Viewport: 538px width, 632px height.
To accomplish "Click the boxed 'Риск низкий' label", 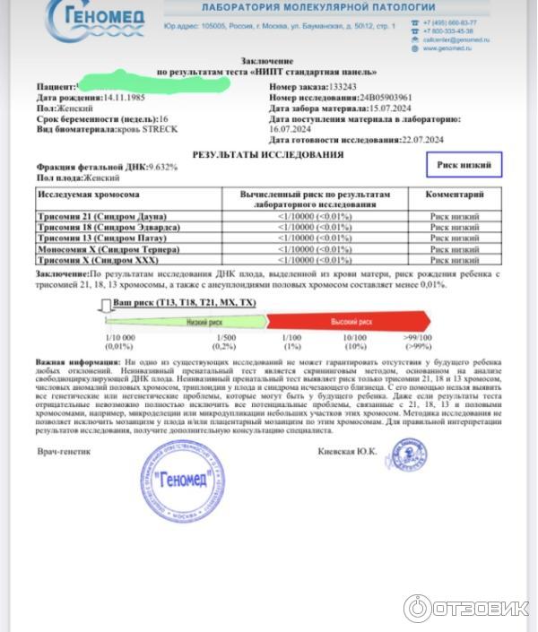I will coord(464,166).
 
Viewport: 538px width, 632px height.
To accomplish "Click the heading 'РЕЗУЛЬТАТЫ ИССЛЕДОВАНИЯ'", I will coord(267,154).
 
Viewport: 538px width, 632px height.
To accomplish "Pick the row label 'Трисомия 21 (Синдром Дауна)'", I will coord(97,217).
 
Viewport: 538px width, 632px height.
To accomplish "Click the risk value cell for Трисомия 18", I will coord(314,228).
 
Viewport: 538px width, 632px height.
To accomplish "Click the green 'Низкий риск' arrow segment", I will coord(204,320).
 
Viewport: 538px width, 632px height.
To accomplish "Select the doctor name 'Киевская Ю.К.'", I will coord(347,451).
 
